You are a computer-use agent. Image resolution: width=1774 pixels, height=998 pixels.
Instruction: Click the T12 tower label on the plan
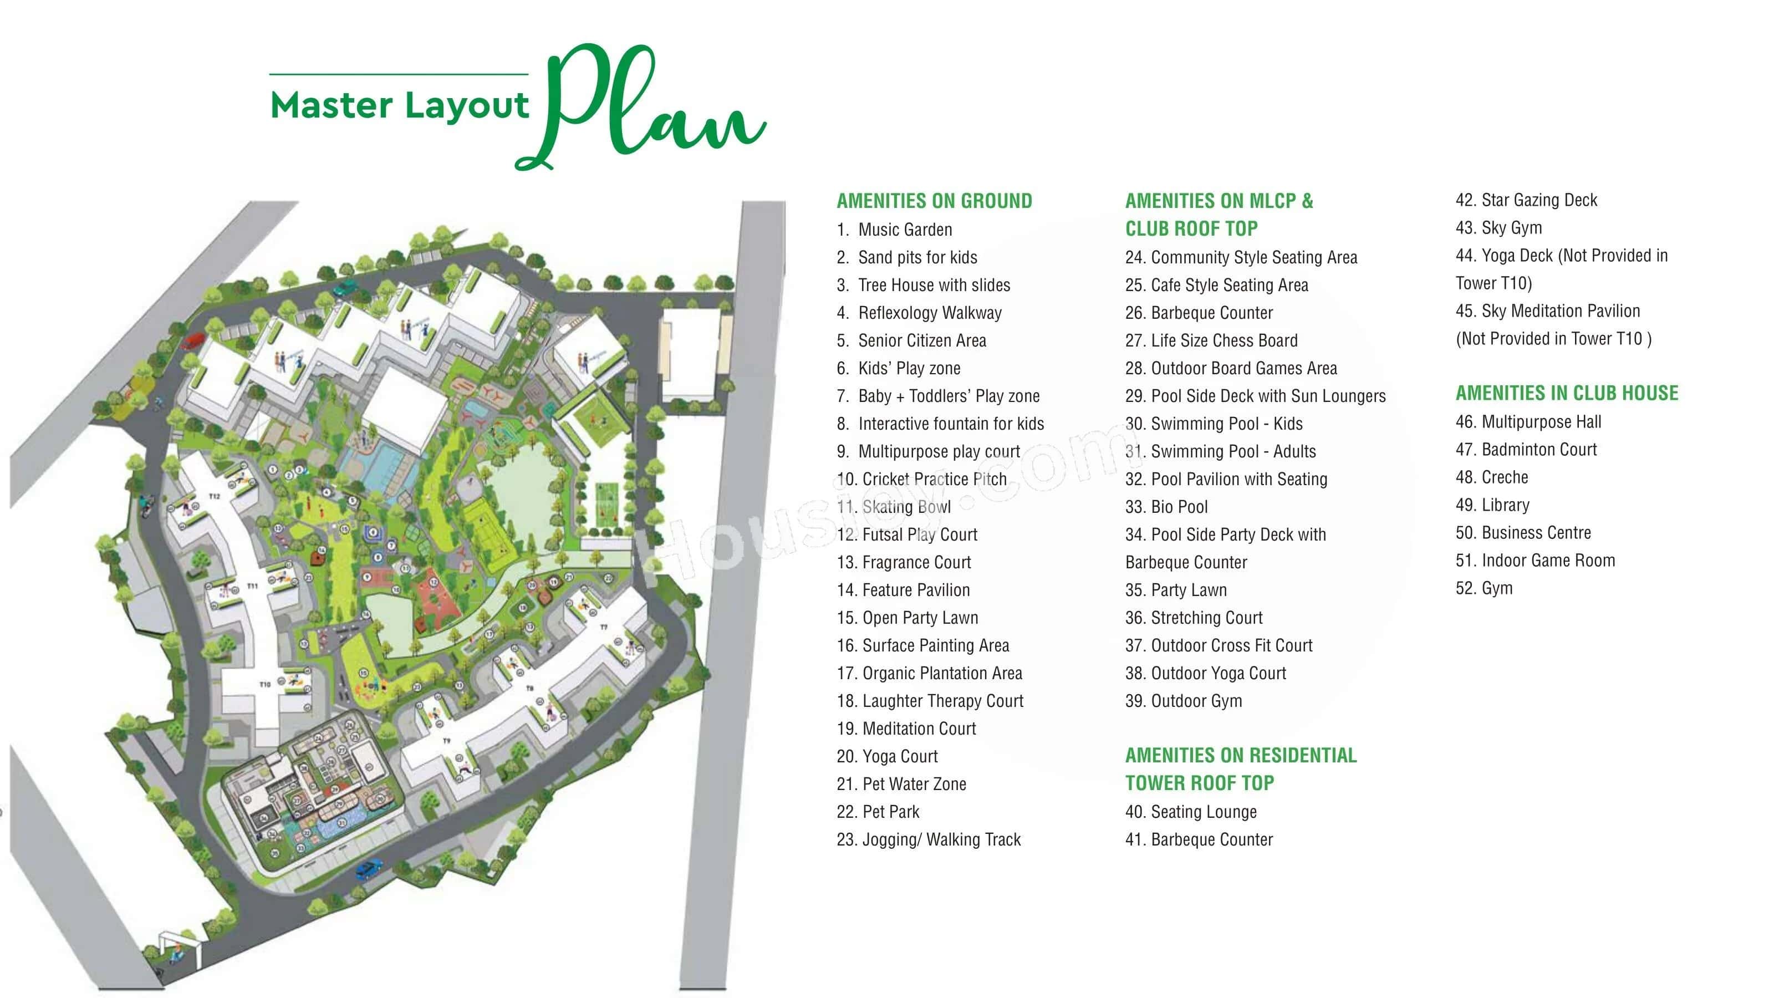click(x=214, y=496)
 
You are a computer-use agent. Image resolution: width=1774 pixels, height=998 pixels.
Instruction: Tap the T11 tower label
click(x=252, y=586)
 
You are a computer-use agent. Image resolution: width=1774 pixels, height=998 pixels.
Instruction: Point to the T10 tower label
click(x=265, y=684)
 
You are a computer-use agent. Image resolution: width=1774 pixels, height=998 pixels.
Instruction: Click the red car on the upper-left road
click(x=193, y=340)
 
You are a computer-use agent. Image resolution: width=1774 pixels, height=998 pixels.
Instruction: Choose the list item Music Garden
click(x=904, y=230)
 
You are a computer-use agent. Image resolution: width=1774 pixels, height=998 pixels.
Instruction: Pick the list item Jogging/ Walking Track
click(x=939, y=839)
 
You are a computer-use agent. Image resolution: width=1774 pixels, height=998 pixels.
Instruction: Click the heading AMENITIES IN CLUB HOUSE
click(x=1567, y=393)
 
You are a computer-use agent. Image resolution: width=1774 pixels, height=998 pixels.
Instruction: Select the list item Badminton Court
click(x=1538, y=450)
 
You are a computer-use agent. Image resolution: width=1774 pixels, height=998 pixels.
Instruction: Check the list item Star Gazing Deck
click(x=1538, y=200)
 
